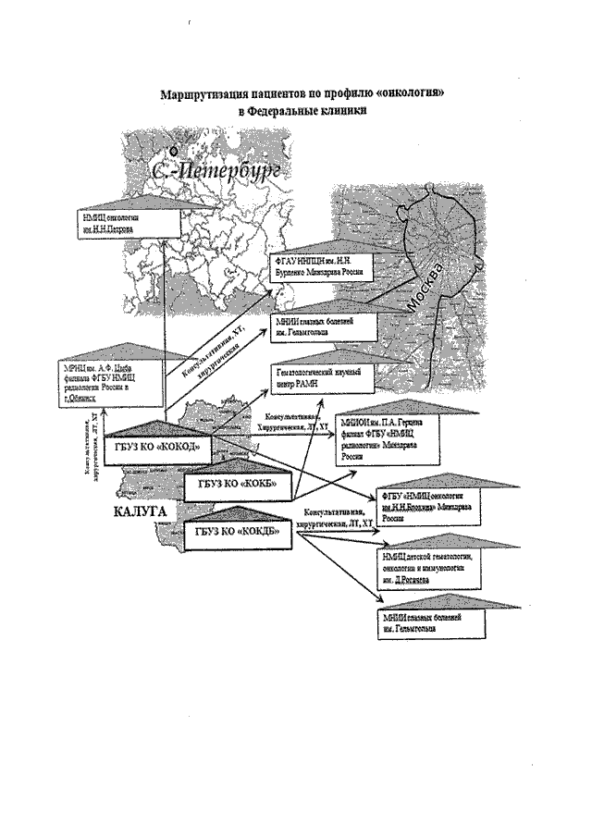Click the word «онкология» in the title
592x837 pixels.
pos(398,93)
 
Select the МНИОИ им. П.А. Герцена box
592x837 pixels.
pos(389,443)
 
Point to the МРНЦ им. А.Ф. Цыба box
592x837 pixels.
pos(108,382)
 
